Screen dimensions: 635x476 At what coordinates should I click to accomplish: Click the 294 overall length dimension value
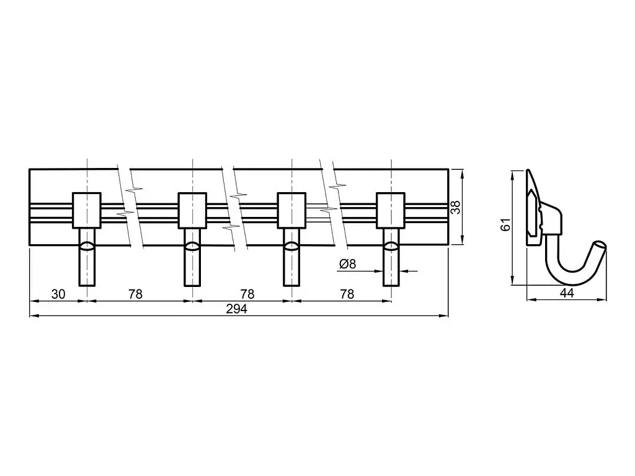[236, 309]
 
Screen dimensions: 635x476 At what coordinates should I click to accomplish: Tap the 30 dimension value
[58, 294]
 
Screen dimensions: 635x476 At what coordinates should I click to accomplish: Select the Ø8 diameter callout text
[347, 264]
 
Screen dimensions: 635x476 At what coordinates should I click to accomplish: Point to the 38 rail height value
[456, 207]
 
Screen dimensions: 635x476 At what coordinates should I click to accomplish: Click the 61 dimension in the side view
[506, 224]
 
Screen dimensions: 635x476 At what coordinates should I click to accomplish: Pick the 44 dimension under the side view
[567, 293]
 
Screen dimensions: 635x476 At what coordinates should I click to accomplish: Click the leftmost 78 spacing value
[136, 294]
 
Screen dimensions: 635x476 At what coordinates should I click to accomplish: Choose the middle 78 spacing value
[247, 294]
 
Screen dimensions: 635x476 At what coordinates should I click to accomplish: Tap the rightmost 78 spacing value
[347, 294]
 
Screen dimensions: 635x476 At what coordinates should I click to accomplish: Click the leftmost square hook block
[87, 211]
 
